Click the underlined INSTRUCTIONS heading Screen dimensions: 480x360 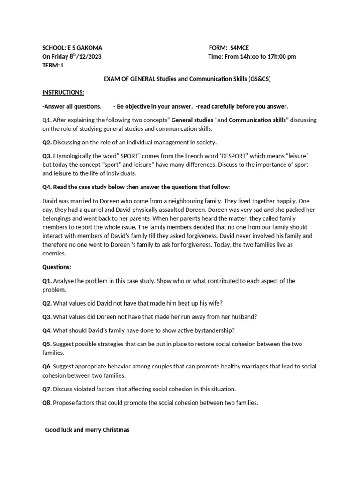click(63, 92)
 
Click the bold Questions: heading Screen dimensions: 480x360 click(57, 267)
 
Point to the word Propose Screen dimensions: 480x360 click(66, 403)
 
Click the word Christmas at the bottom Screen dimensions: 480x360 click(114, 430)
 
